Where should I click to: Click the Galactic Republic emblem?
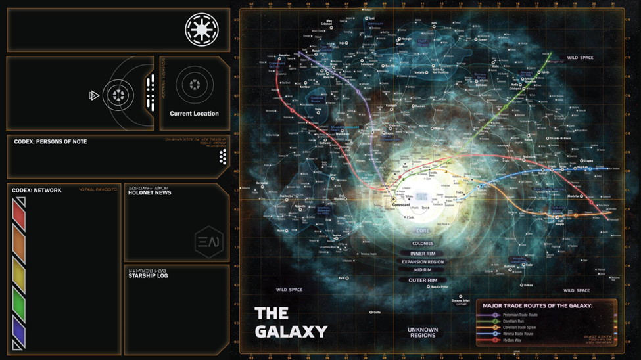201,30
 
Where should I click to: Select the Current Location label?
194,114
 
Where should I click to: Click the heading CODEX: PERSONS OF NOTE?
51,142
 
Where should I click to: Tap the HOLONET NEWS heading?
149,192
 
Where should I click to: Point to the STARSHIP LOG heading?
148,276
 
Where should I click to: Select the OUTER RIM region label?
423,280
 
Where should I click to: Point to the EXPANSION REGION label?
423,262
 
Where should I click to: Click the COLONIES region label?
423,244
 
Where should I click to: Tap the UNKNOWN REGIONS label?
423,332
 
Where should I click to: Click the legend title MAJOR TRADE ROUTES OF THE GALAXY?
537,305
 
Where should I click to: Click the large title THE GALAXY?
291,322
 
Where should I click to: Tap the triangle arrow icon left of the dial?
94,96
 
